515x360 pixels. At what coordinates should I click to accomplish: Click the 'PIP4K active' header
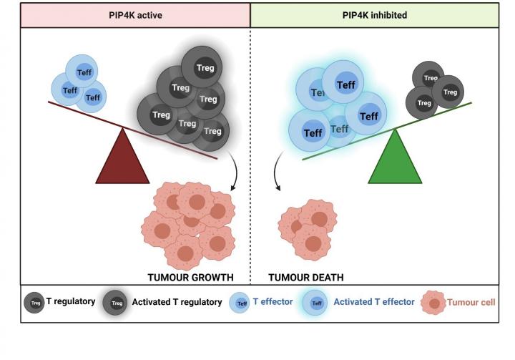(134, 15)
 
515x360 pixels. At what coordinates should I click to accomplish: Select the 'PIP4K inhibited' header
(375, 15)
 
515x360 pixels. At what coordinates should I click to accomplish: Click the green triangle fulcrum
(396, 160)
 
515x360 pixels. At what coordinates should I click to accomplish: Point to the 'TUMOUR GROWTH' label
(190, 276)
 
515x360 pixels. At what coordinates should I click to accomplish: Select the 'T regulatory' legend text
(71, 302)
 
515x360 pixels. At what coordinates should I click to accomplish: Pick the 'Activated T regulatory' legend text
(177, 302)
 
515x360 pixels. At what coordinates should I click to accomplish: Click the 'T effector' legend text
(273, 302)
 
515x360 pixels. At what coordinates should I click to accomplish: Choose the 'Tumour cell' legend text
(471, 302)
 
